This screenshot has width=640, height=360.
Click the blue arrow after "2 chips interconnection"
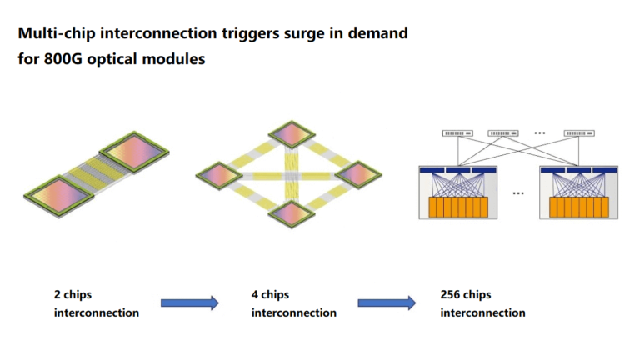tap(189, 302)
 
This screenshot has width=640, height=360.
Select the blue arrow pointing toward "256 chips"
tap(387, 302)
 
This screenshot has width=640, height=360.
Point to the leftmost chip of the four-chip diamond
tap(218, 173)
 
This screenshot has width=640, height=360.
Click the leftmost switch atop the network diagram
tap(457, 132)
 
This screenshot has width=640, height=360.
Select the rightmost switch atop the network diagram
tap(578, 132)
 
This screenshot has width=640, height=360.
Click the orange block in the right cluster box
tap(578, 206)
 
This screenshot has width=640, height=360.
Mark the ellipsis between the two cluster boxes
tap(518, 193)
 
